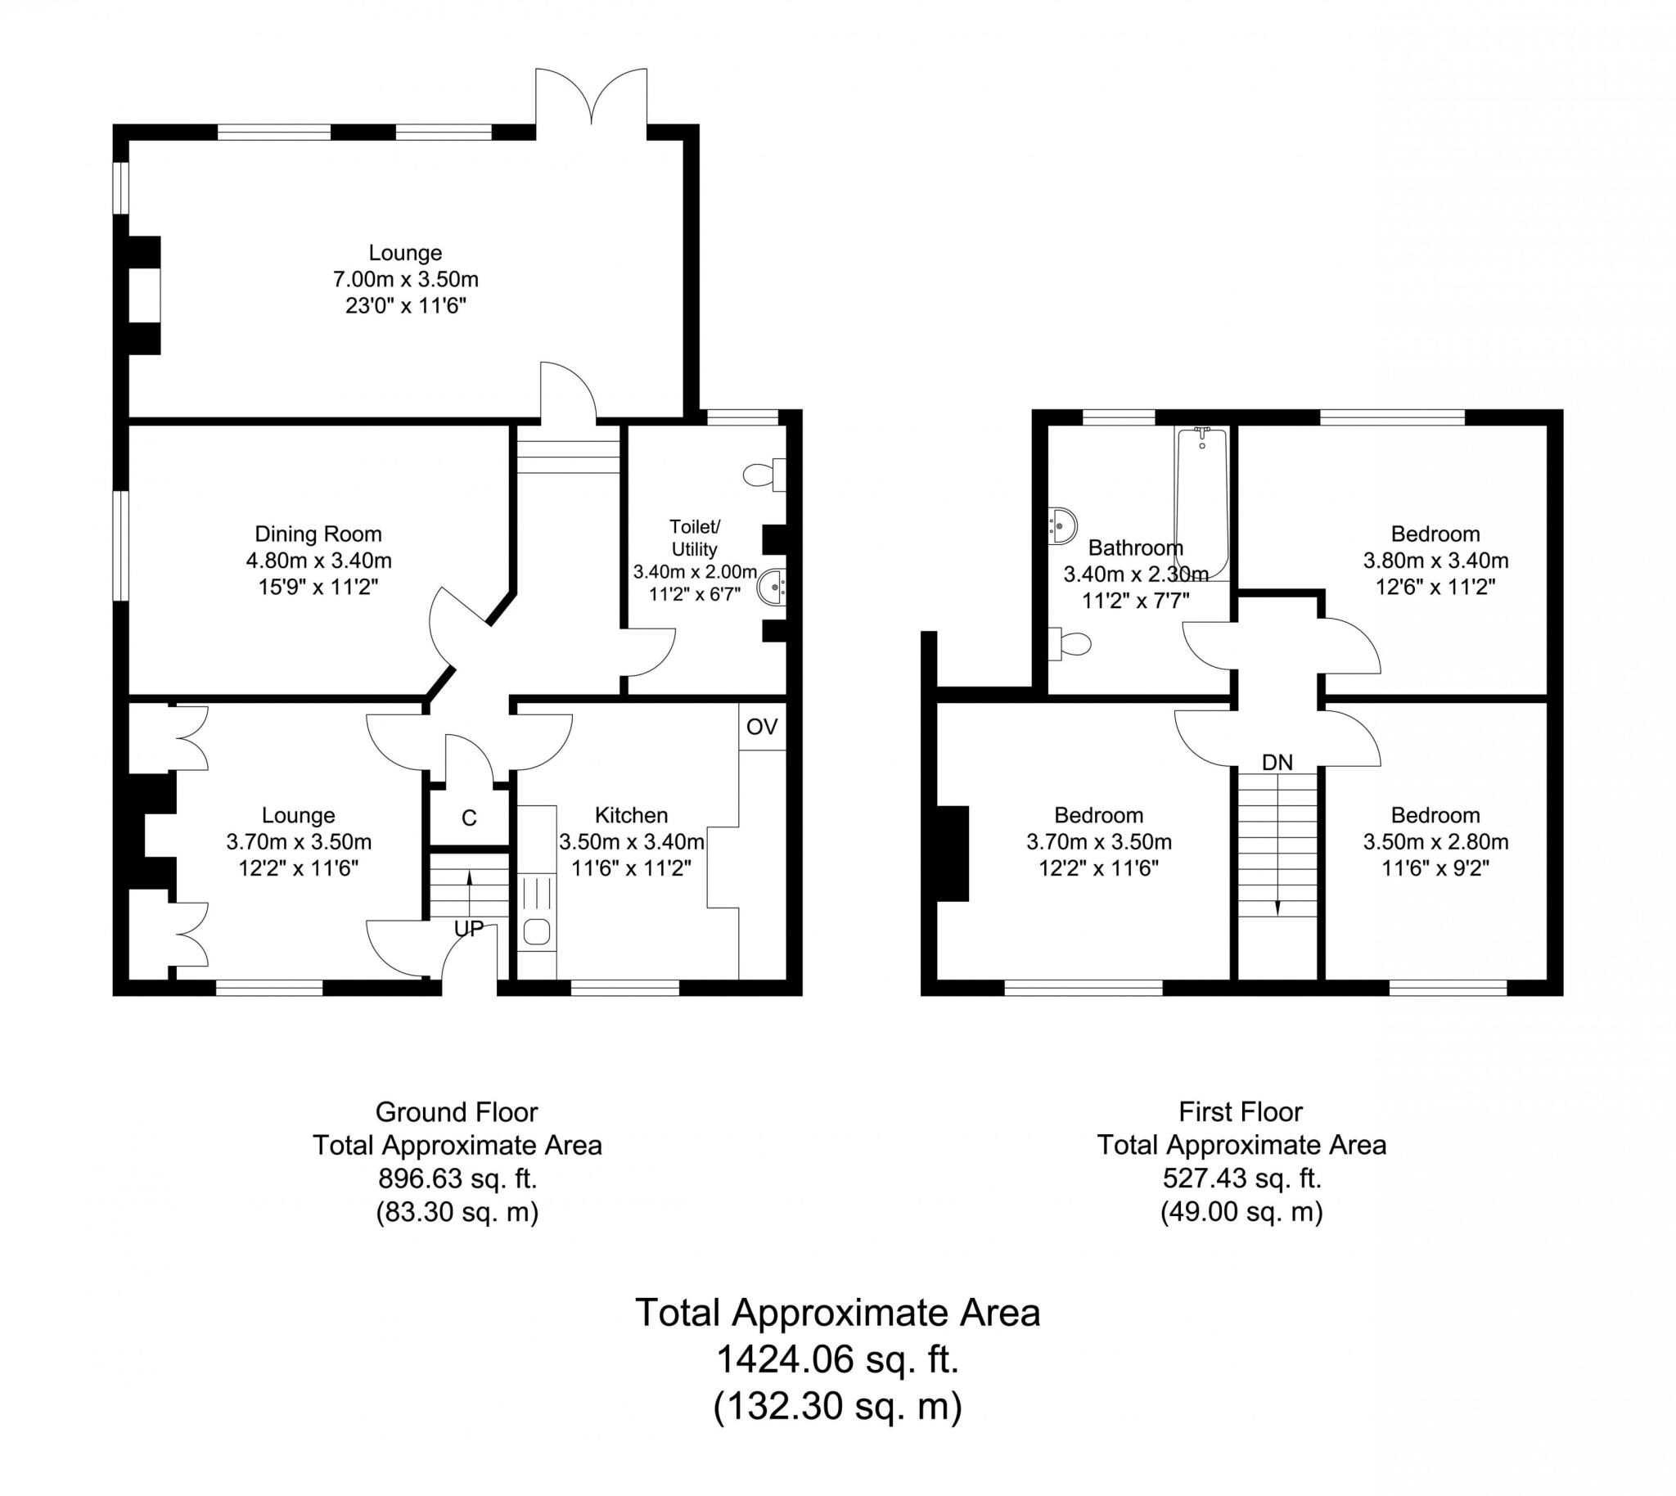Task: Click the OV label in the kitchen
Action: (761, 727)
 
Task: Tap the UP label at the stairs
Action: (469, 929)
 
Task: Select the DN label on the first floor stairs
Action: (1277, 762)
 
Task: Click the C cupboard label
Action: (469, 818)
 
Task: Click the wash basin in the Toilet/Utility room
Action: (772, 588)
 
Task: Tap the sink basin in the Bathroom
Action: (1062, 525)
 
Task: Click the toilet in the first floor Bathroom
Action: (1070, 643)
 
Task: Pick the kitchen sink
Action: (537, 931)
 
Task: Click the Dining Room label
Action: (318, 534)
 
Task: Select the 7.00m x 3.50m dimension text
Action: (405, 279)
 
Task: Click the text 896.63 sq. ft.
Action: (457, 1178)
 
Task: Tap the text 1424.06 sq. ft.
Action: (837, 1359)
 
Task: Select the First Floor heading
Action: (1241, 1112)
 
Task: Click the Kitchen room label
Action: (630, 815)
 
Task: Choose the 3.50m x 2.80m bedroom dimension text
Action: (1435, 842)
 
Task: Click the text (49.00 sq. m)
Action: (1241, 1211)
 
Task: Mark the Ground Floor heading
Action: (456, 1112)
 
